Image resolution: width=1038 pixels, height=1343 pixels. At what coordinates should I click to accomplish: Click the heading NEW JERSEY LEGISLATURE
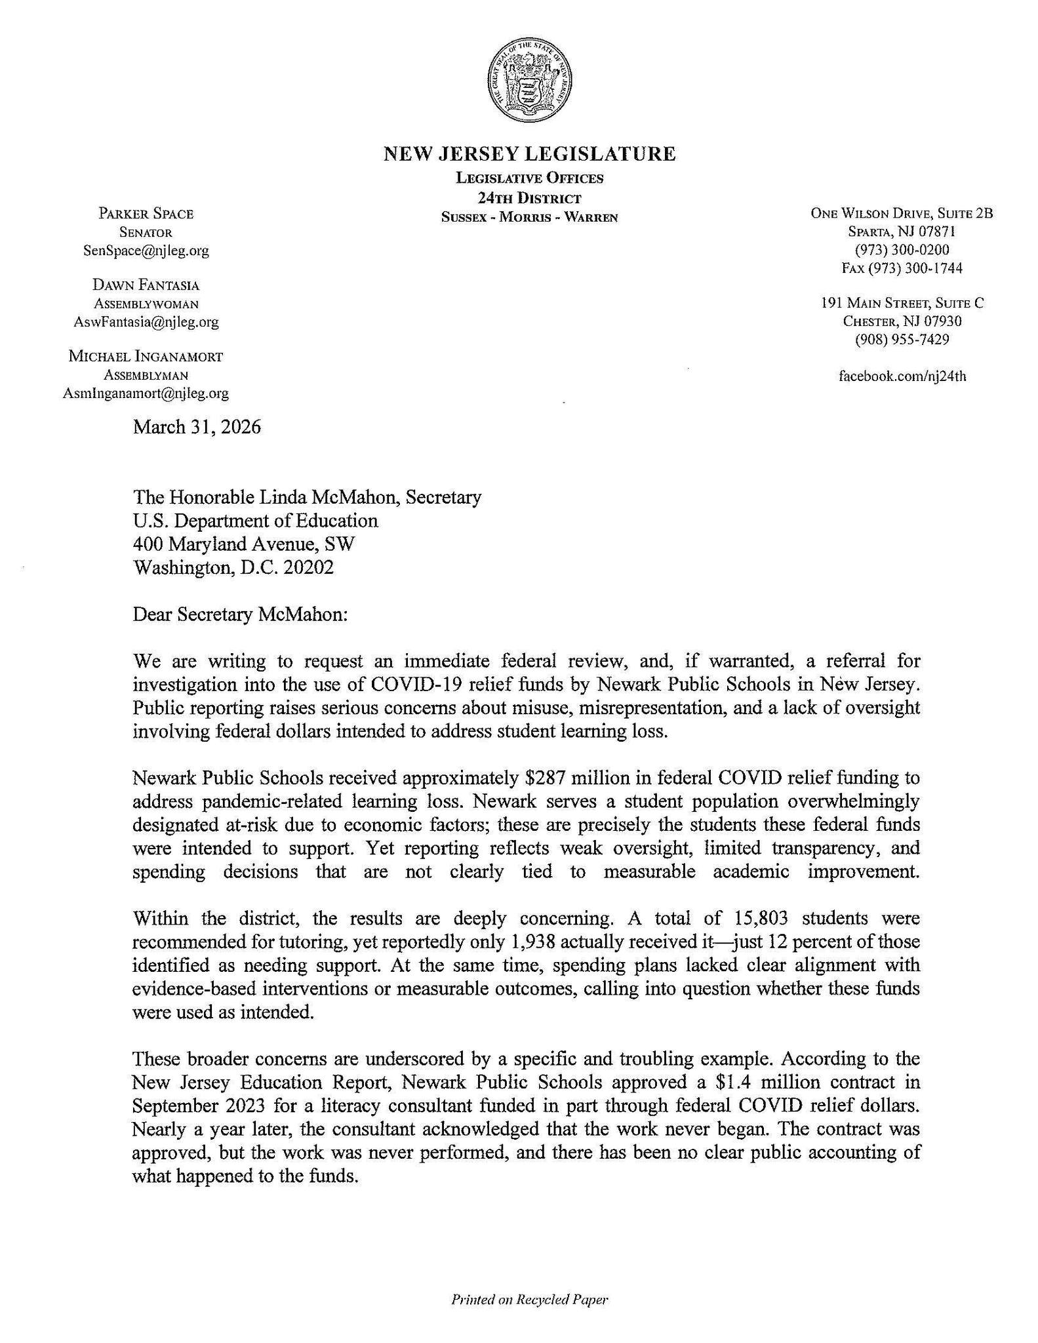point(529,154)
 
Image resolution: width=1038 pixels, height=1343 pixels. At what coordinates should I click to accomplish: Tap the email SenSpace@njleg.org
point(146,251)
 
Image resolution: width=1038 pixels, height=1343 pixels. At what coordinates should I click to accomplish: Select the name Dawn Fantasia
point(146,285)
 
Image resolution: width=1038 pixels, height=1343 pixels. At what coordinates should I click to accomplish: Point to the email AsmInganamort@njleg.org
point(146,393)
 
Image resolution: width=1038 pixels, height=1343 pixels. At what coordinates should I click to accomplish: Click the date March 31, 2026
point(197,428)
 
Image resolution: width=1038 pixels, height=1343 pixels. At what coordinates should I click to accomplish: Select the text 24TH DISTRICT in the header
point(529,197)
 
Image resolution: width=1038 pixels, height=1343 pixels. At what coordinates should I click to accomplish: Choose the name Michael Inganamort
point(146,357)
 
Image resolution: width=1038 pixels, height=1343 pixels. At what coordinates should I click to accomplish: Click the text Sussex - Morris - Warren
point(529,217)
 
